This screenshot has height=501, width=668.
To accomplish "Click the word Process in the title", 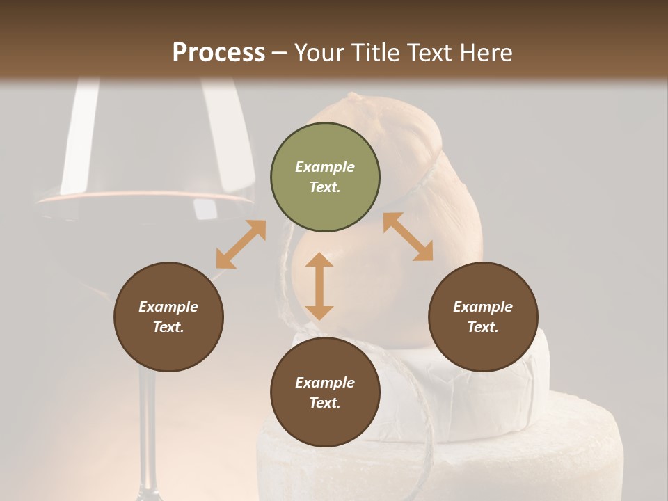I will tap(218, 53).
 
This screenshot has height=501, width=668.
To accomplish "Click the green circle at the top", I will tap(325, 177).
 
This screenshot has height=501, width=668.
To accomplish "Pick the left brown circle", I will tap(168, 317).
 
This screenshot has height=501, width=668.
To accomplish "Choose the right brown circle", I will tap(483, 317).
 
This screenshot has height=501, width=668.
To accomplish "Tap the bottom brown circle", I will tap(325, 392).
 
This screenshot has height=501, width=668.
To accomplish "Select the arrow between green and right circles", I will tap(408, 237).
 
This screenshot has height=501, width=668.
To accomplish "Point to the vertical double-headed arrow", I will tap(319, 286).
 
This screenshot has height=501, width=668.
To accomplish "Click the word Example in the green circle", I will tap(325, 167).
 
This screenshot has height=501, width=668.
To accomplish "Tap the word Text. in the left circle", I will tap(168, 327).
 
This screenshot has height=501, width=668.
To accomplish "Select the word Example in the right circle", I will tap(483, 307).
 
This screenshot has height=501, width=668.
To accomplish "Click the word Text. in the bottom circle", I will tap(325, 403).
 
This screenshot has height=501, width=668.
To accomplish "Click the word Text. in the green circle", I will tap(325, 187).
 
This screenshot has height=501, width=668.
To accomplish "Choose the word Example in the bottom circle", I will tap(325, 383).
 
